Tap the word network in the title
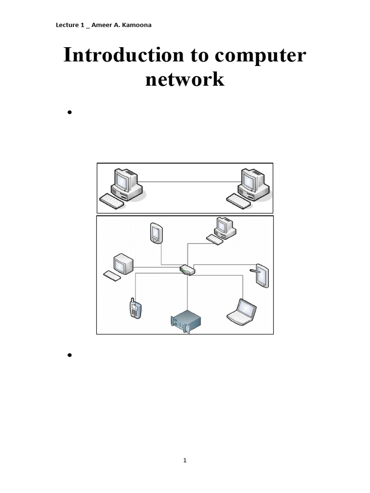tap(185, 78)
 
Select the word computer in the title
tap(260, 55)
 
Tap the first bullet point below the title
tap(70, 113)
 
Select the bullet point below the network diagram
tap(70, 355)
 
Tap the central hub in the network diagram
tap(187, 270)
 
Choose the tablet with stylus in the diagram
tap(262, 275)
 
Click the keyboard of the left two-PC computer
tap(111, 201)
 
